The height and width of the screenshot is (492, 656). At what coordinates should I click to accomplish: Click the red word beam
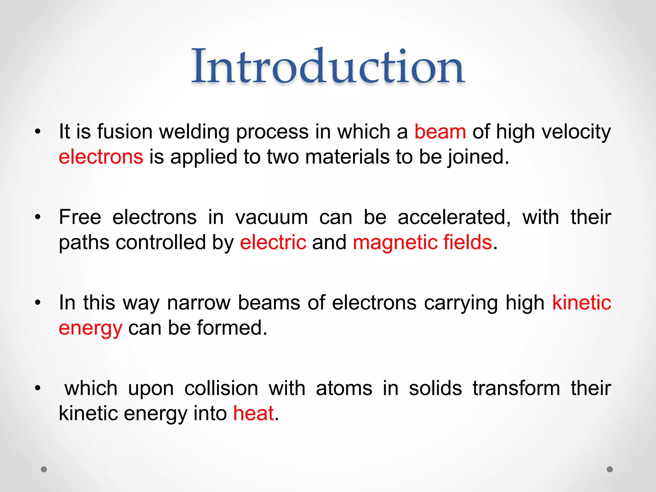pyautogui.click(x=440, y=132)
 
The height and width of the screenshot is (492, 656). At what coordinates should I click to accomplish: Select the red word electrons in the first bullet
pyautogui.click(x=101, y=157)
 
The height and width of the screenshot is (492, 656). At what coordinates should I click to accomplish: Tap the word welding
pyautogui.click(x=194, y=132)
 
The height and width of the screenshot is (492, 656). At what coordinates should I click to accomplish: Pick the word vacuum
pyautogui.click(x=272, y=217)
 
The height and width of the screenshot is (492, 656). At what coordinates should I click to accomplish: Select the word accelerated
pyautogui.click(x=454, y=217)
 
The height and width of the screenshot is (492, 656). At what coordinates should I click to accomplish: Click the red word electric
pyautogui.click(x=273, y=242)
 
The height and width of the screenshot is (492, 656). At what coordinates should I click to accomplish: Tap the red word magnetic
pyautogui.click(x=395, y=242)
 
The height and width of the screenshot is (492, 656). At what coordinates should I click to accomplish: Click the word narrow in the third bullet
pyautogui.click(x=199, y=303)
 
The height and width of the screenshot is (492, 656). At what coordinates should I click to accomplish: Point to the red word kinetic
pyautogui.click(x=581, y=303)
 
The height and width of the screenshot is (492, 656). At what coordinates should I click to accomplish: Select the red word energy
pyautogui.click(x=91, y=328)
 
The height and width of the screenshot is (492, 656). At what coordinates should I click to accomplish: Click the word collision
pyautogui.click(x=221, y=388)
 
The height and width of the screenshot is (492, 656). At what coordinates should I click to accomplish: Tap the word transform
pyautogui.click(x=516, y=388)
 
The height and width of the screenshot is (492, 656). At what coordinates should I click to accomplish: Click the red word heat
pyautogui.click(x=253, y=413)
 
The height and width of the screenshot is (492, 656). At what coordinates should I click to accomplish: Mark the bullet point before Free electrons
pyautogui.click(x=38, y=217)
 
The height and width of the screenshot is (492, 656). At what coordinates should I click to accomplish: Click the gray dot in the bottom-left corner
pyautogui.click(x=44, y=469)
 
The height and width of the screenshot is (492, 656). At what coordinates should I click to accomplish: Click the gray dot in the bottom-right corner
pyautogui.click(x=610, y=469)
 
